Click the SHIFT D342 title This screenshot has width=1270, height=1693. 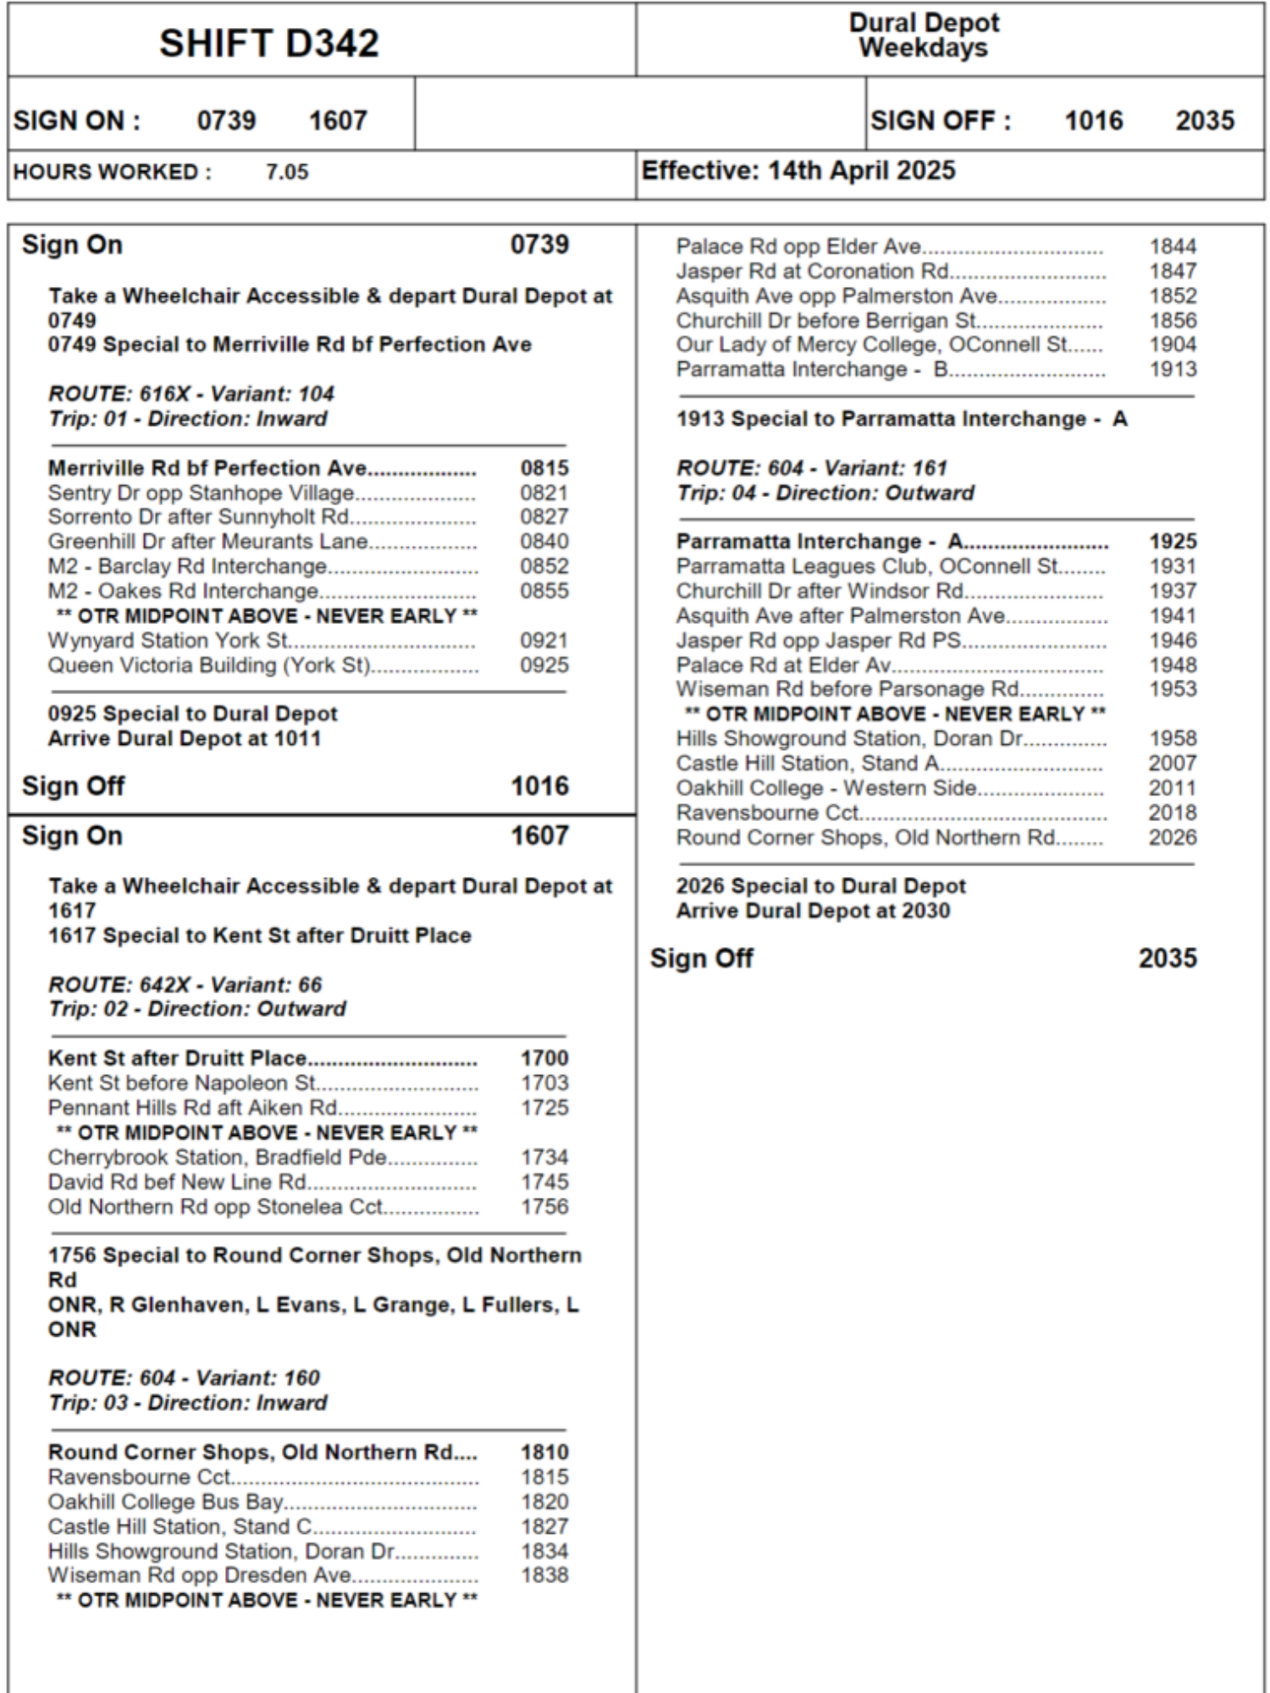(268, 43)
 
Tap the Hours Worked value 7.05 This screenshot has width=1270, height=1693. (287, 172)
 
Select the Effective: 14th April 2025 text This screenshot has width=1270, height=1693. (798, 171)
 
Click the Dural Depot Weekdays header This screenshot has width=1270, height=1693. (923, 36)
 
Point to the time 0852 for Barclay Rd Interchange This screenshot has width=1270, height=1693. (544, 566)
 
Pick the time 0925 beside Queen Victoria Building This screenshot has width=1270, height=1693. (544, 665)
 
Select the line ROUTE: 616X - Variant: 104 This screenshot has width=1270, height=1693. (190, 394)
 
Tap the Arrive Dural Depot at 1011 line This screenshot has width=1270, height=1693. (184, 738)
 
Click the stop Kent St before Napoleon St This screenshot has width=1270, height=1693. (181, 1083)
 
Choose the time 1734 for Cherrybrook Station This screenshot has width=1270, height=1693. (544, 1157)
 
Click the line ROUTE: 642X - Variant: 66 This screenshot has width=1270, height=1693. (185, 984)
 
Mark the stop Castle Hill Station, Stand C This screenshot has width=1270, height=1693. (179, 1526)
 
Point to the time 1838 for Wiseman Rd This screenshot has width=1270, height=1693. (544, 1575)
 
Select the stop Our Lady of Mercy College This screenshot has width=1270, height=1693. (871, 345)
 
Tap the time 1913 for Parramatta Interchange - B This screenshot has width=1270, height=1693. (1172, 369)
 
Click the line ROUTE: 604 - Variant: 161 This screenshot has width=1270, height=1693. (811, 468)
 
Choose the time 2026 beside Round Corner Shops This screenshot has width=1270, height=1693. (1172, 837)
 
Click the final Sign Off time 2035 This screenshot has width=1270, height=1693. (1167, 958)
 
